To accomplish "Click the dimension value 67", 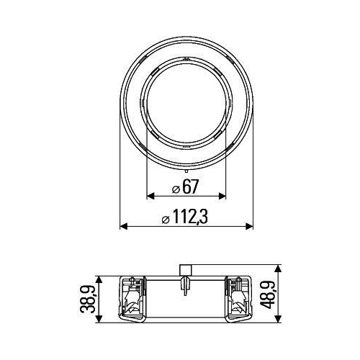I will point(190,186).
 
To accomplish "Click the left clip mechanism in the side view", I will point(132,299).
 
